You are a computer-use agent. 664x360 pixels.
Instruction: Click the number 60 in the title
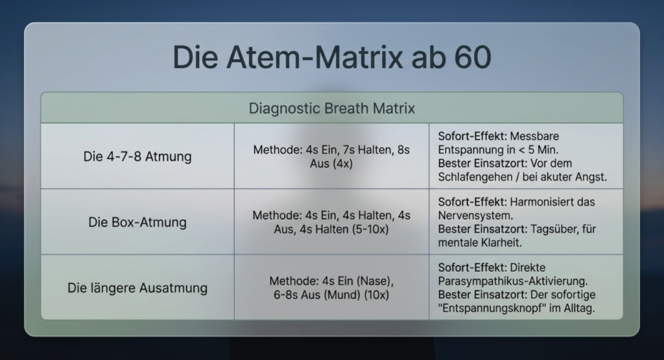[473, 57]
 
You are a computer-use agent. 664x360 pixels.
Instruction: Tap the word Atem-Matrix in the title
[314, 57]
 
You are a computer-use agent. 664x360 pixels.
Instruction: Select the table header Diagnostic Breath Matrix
[331, 108]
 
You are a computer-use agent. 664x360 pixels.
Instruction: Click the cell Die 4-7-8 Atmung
[137, 156]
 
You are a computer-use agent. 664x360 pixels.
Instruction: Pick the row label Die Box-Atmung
[137, 222]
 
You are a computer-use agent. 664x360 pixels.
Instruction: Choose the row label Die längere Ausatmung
[137, 288]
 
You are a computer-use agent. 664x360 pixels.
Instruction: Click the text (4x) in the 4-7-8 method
[342, 163]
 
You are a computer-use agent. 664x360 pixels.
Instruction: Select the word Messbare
[534, 136]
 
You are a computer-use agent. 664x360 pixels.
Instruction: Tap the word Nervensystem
[475, 215]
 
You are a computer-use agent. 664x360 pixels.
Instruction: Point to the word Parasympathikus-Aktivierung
[513, 282]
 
